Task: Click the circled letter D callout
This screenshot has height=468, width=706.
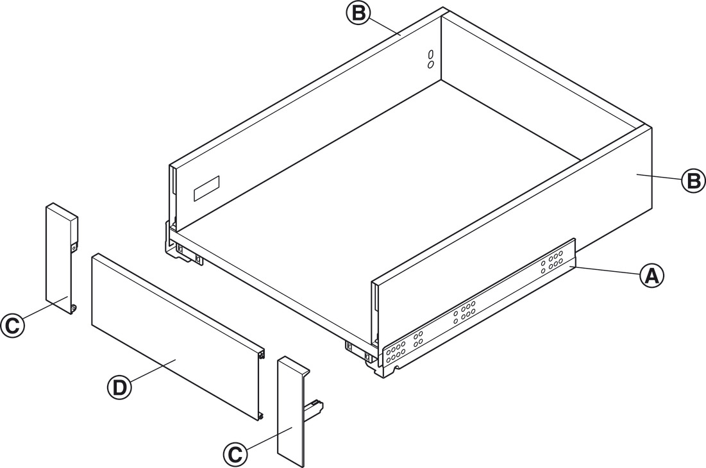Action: (120, 387)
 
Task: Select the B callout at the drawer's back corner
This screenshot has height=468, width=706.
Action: (358, 13)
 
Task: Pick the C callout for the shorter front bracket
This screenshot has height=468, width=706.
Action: (12, 325)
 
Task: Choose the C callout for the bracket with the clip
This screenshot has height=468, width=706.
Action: (236, 455)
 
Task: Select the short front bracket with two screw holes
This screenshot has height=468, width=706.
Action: (60, 256)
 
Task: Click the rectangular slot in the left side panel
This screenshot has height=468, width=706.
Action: (206, 187)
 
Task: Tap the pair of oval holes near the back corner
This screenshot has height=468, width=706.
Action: (431, 58)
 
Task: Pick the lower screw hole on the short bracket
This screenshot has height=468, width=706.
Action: (74, 309)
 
